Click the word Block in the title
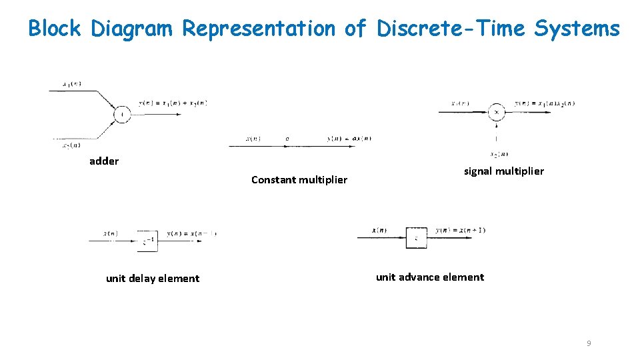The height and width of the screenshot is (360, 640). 55,29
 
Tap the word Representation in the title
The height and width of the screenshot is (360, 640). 259,29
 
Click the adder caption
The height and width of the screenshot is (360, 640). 104,161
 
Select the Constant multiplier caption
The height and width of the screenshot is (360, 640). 299,179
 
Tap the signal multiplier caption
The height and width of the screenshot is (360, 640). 503,171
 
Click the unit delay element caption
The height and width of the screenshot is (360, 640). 153,279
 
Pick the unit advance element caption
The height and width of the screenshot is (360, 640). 430,277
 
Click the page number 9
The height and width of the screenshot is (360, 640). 589,343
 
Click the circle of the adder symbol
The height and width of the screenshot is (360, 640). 121,115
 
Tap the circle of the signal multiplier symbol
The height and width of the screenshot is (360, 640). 496,113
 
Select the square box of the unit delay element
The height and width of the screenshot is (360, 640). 148,240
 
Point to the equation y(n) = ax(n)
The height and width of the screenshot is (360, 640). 349,139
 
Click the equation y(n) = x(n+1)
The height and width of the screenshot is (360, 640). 460,231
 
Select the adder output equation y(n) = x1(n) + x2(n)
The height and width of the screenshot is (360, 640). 173,103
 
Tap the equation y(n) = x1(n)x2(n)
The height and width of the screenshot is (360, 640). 545,103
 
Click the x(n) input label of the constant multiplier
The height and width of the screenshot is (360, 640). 253,139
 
